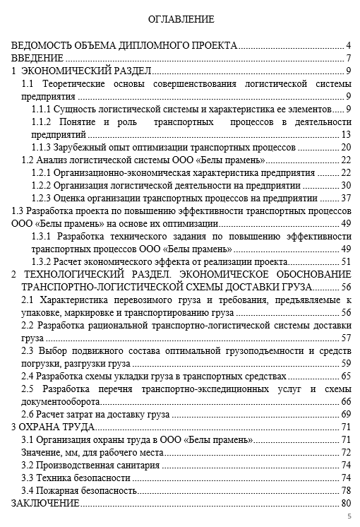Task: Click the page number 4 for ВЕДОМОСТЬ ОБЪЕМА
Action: coord(349,45)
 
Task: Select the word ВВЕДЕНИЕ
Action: coord(37,58)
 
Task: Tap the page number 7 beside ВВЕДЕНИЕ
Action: coord(349,58)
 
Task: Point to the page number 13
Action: coord(346,134)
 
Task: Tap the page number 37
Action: coord(346,198)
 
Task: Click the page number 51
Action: coord(346,261)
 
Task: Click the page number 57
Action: coord(346,338)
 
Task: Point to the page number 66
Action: coord(346,401)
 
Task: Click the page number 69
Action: coord(346,414)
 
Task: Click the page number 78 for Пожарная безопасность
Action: coord(346,490)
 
